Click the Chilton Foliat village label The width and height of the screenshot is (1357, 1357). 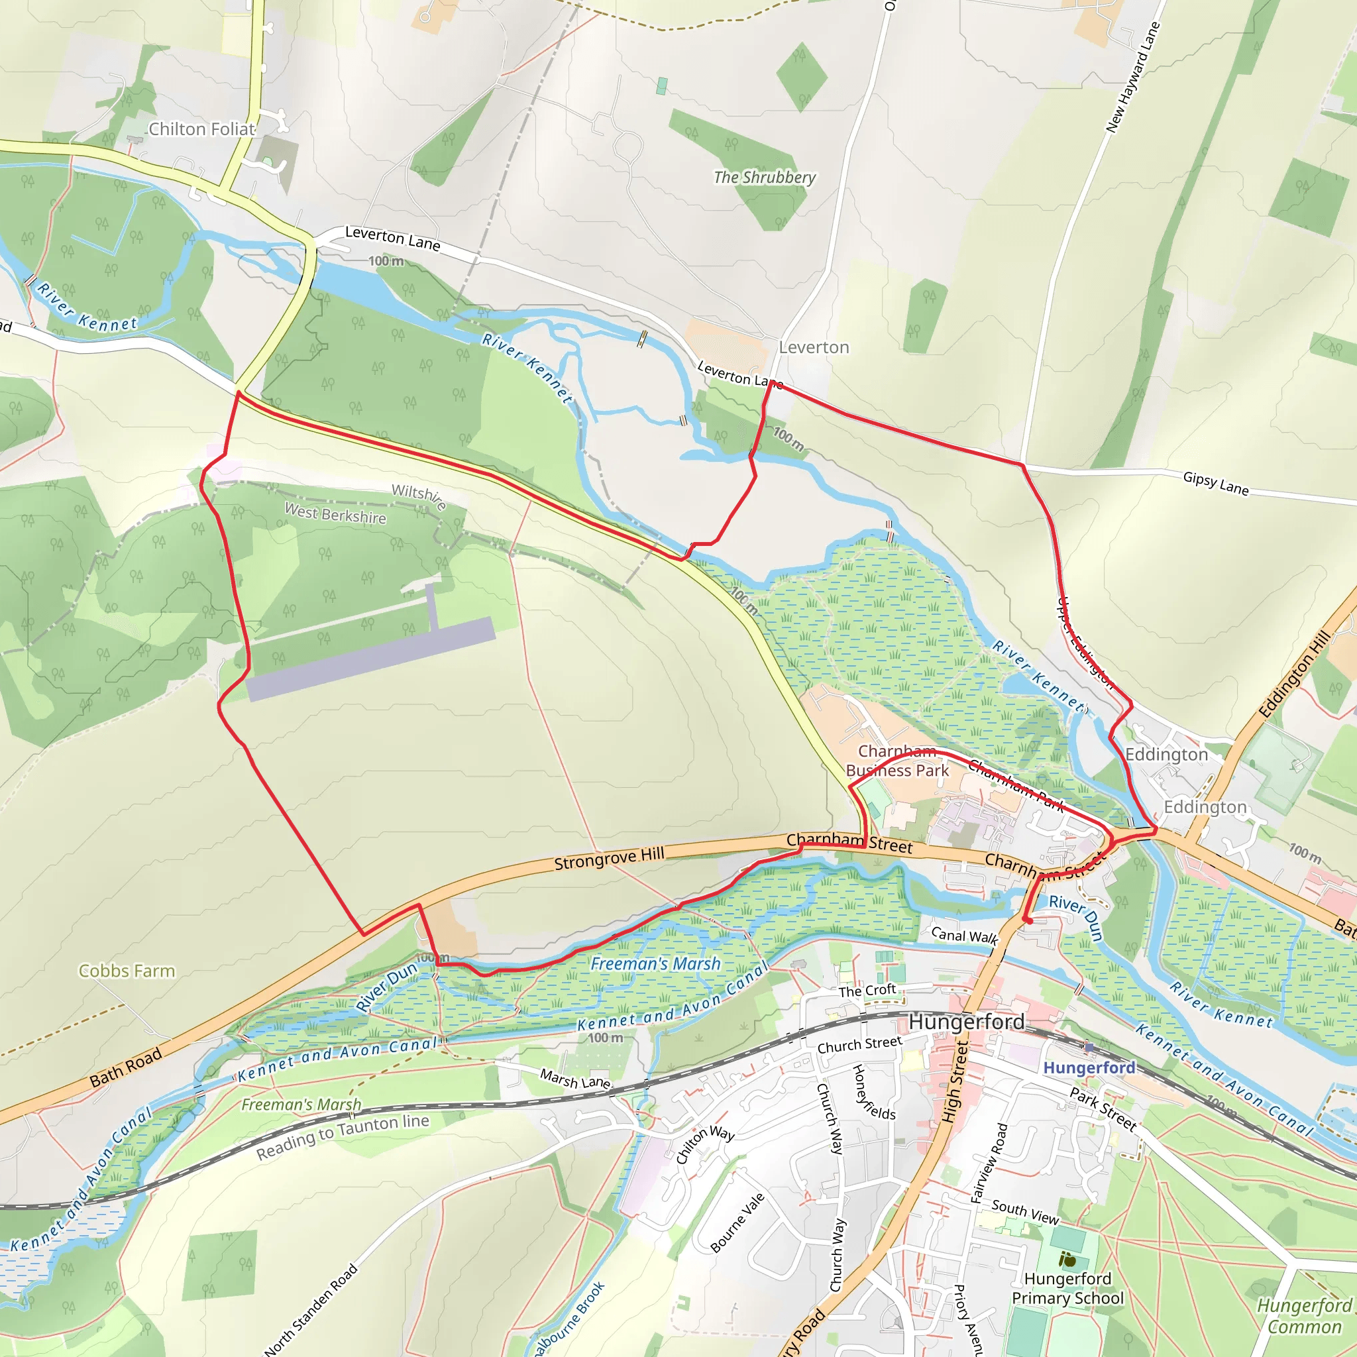click(201, 129)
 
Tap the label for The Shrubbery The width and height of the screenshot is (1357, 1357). click(765, 177)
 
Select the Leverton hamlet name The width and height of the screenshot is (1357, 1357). click(814, 347)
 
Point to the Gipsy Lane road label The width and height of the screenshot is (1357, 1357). click(1216, 483)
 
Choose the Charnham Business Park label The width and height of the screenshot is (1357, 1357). click(898, 761)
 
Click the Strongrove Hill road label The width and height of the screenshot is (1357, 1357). click(609, 858)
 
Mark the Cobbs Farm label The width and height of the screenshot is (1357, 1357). click(127, 971)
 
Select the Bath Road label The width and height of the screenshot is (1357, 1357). click(127, 1067)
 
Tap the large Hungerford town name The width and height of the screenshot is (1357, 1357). click(967, 1022)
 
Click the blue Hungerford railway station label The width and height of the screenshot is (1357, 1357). click(1089, 1067)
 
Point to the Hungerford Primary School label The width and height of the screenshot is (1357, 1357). click(1067, 1288)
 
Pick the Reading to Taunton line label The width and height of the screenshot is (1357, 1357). click(342, 1136)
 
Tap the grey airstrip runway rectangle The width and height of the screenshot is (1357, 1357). click(371, 659)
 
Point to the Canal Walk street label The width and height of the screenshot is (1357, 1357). click(964, 936)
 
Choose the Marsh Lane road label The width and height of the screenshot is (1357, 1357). click(574, 1079)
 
